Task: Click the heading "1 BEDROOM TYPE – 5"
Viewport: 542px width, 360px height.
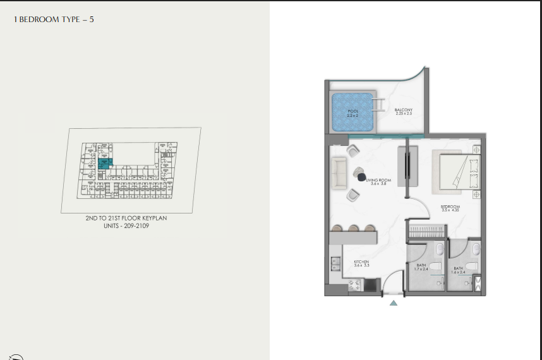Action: [54, 20]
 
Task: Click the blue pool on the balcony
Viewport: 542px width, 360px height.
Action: [352, 113]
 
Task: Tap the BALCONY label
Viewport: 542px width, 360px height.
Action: [403, 112]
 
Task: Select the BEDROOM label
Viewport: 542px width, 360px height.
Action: [450, 208]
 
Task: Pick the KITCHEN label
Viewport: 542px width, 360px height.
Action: [361, 264]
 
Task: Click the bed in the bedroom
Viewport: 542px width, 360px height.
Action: [455, 171]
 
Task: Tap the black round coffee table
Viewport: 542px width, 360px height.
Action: [362, 178]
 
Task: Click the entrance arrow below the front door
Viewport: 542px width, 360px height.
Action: [394, 303]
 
